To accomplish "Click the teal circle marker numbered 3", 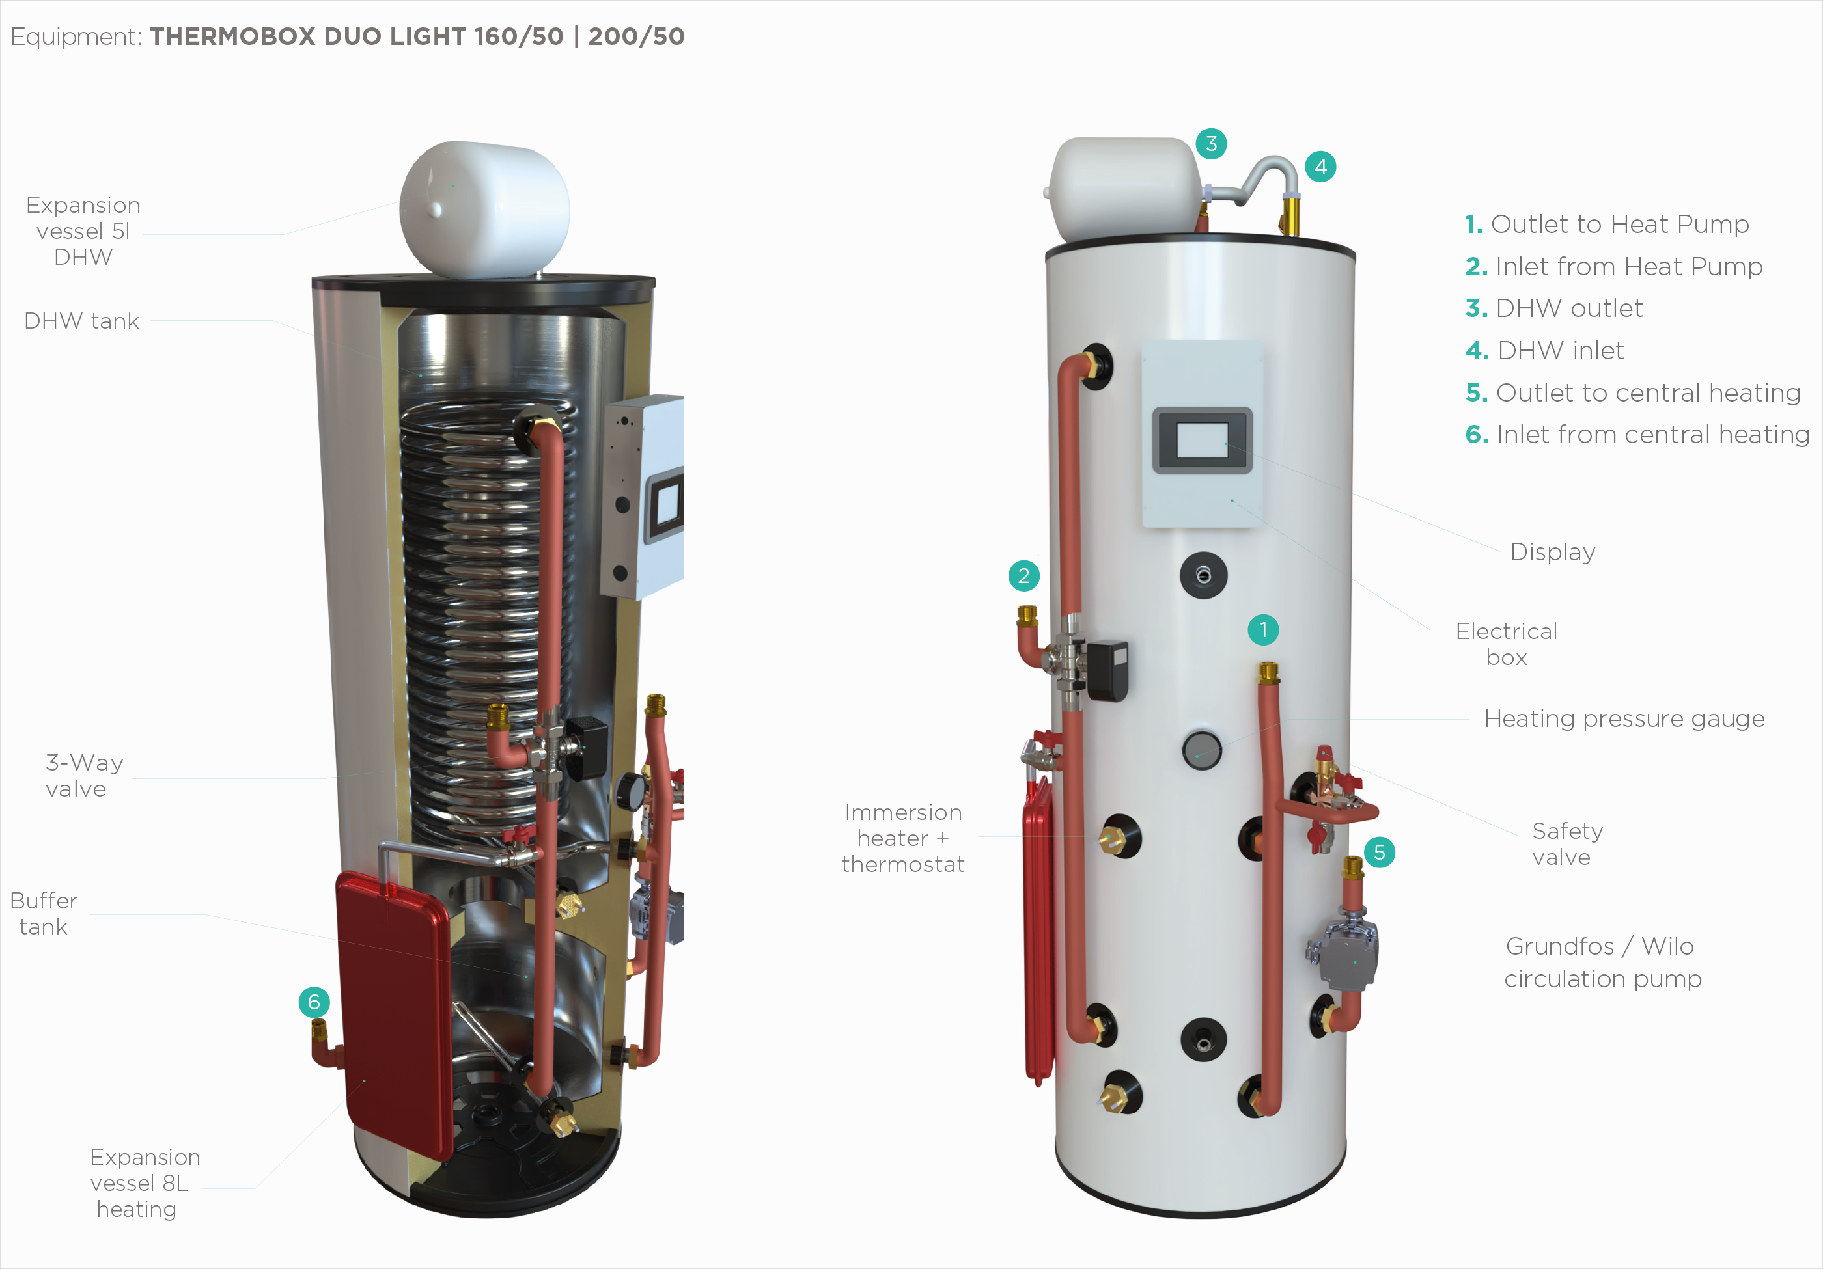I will coord(1211,144).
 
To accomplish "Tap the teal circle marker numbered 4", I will coord(1320,167).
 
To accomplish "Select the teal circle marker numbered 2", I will coord(1023,575).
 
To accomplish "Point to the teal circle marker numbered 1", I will coord(1263,630).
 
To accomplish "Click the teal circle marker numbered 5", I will coord(1379,853).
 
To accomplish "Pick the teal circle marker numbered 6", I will coord(314,1002).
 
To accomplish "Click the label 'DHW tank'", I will coord(82,321).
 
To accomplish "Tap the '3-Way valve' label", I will coord(83,775).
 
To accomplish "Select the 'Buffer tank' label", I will coord(44,914).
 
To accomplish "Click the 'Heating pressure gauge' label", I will coord(1624,718).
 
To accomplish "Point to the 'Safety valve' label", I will coord(1566,843).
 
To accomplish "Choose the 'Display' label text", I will coord(1552,552).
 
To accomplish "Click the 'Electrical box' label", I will coord(1505,644).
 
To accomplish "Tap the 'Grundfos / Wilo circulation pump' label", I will coord(1602,962).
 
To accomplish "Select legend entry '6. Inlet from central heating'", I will coord(1637,434).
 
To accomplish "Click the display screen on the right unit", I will coord(1201,441).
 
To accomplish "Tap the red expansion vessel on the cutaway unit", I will coord(393,1016).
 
